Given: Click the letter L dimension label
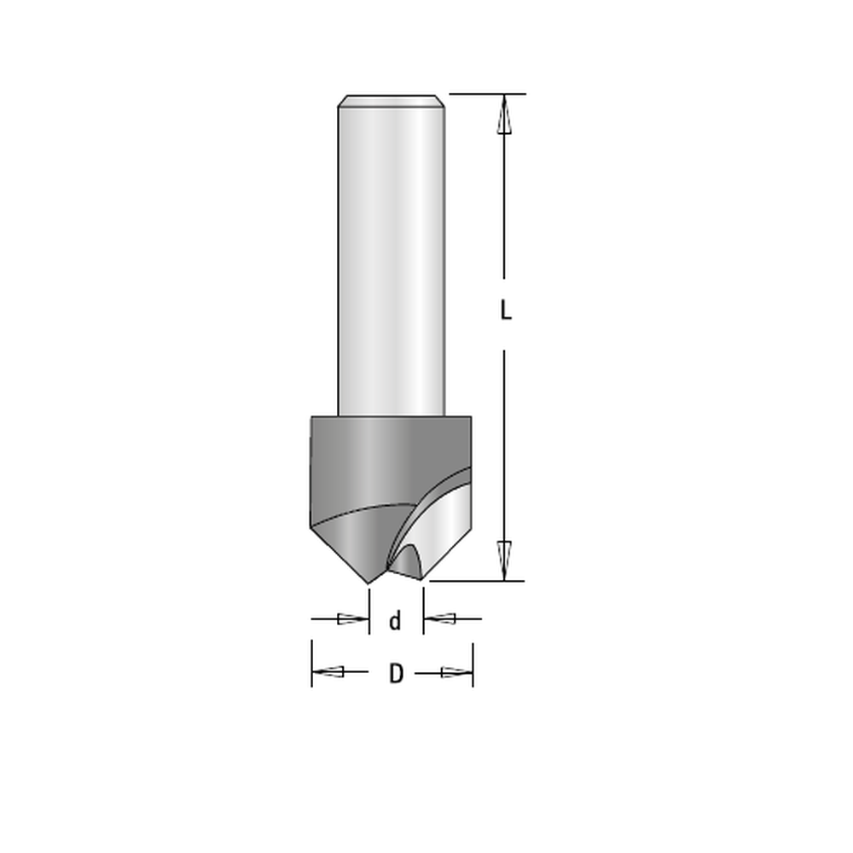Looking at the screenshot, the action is pos(506,310).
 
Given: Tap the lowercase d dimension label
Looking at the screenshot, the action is pos(396,620).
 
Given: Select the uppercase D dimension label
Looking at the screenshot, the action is pos(396,674).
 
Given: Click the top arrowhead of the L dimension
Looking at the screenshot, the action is pos(504,114).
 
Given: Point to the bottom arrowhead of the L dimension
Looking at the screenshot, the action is pos(504,561).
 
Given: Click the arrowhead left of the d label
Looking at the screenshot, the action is pos(353,618).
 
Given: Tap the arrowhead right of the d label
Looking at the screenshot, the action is pos(440,618).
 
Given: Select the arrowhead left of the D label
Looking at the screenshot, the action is pos(328,672).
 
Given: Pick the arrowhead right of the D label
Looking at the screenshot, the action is pos(456,673).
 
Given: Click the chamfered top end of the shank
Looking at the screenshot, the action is pos(392,102).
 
